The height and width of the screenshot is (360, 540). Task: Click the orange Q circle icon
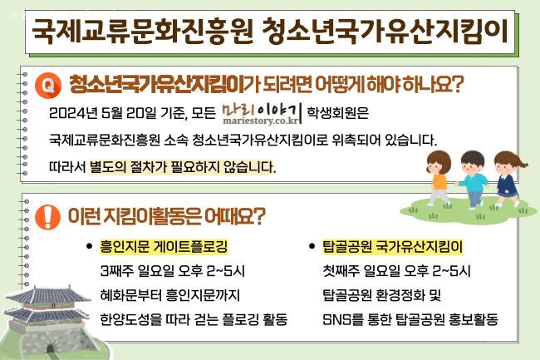[x=48, y=86]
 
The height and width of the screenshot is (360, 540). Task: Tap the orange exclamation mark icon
[x=48, y=217]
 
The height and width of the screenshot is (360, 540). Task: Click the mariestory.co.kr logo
[x=262, y=114]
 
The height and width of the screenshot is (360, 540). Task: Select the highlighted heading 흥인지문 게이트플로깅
[x=164, y=247]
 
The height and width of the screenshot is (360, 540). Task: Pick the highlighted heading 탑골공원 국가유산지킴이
[x=393, y=247]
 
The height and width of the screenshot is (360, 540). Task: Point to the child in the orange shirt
[x=438, y=178]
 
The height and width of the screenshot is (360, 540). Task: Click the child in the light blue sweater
[x=474, y=180]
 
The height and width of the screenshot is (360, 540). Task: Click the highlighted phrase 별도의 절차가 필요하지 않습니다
[x=182, y=167]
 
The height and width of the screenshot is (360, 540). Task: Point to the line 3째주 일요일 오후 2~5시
[x=172, y=271]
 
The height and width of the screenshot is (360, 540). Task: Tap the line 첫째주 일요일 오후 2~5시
[x=396, y=271]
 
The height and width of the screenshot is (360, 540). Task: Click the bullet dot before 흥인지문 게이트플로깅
[x=89, y=246]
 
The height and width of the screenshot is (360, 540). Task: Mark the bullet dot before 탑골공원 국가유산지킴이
[x=312, y=246]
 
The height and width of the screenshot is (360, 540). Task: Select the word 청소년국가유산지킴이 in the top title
[x=385, y=32]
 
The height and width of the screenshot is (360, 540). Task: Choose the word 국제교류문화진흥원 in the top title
[x=143, y=32]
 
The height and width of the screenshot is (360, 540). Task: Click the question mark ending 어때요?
[x=259, y=216]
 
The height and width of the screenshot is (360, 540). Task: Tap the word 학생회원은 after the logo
[x=337, y=113]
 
